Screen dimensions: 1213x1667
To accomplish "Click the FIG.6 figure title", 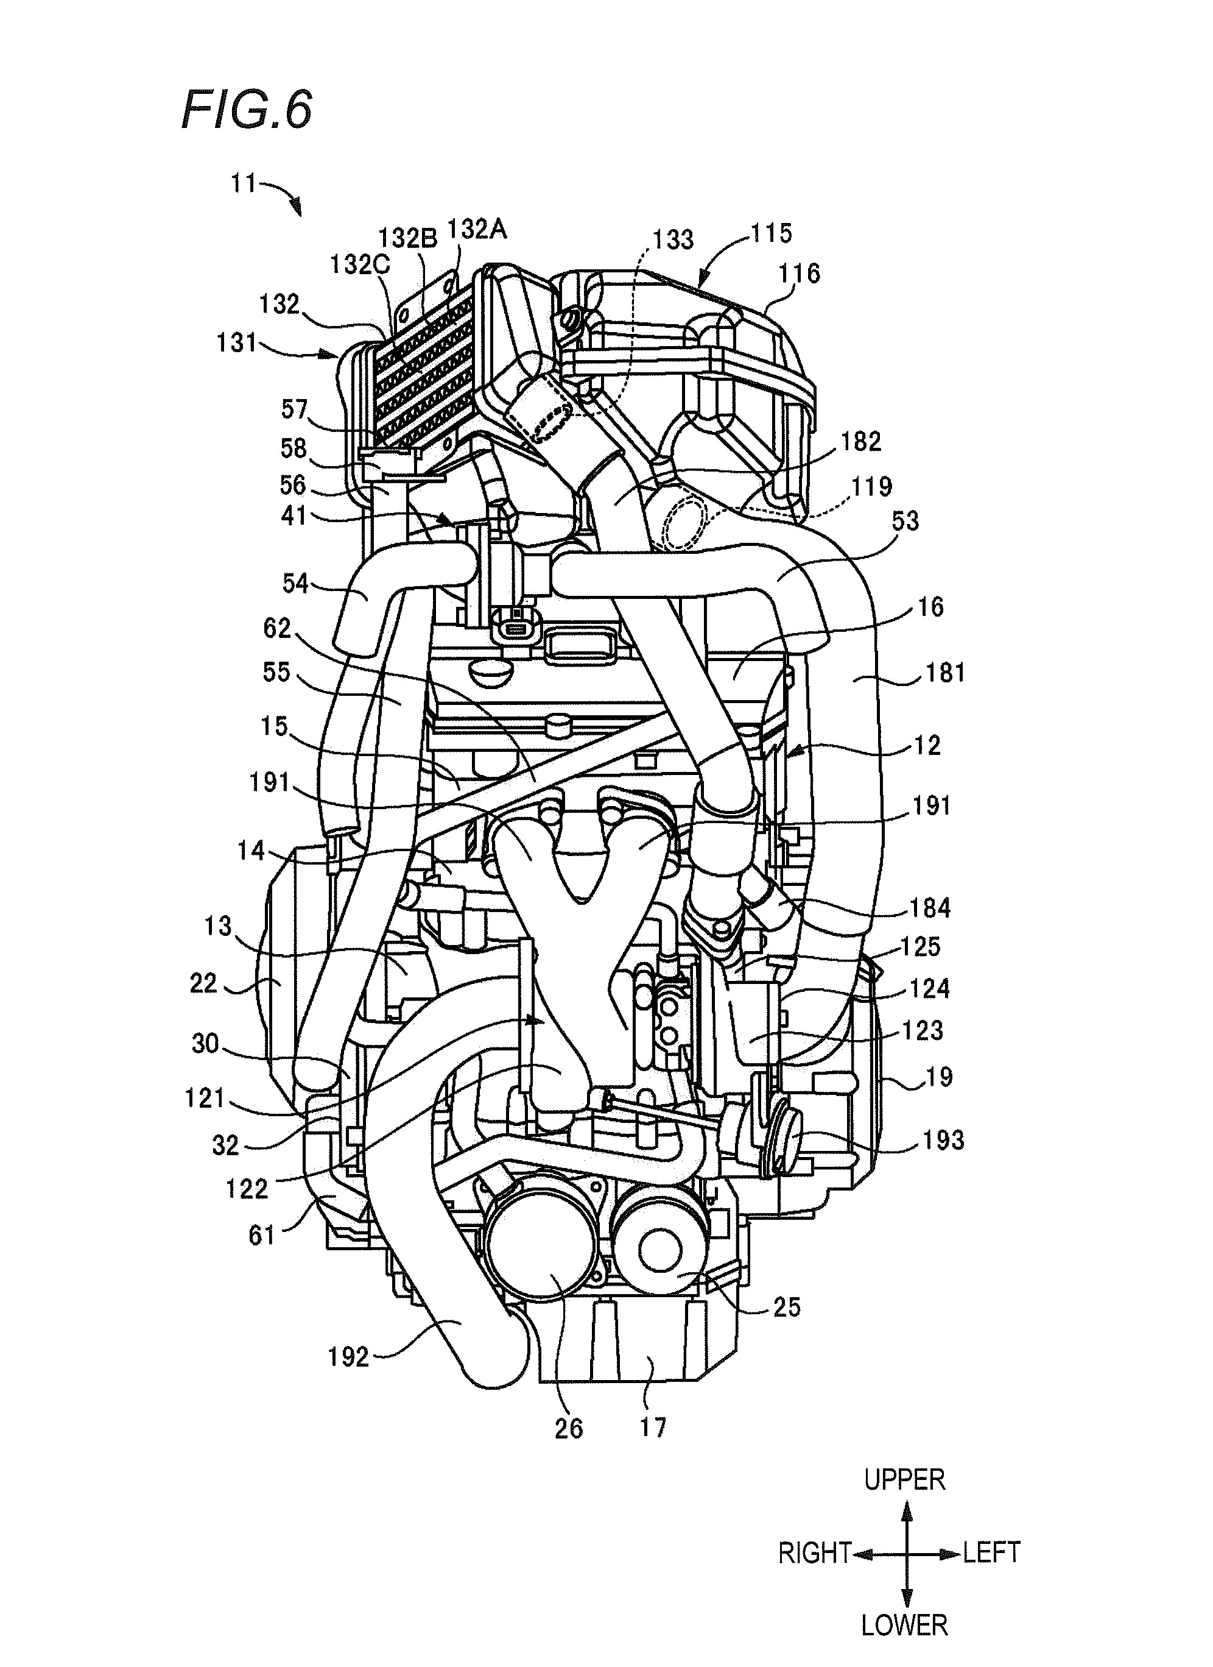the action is (x=247, y=111).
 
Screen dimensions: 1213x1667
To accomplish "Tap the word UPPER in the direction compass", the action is (x=904, y=1479).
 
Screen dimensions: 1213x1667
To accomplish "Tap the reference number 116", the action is (x=799, y=274).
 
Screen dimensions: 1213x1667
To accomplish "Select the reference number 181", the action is (x=945, y=673).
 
